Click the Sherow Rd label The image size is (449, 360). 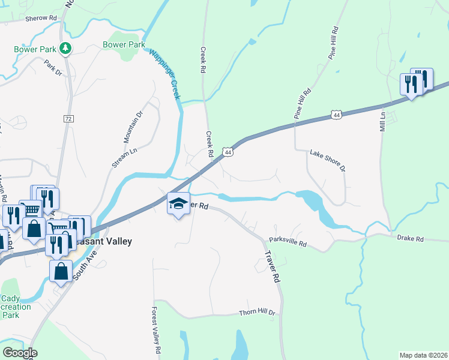(41, 19)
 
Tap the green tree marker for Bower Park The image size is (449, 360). (65, 48)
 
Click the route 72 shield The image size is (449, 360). (68, 119)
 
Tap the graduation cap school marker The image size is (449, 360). (178, 204)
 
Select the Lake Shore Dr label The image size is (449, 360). (328, 161)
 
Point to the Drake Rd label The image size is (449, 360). (411, 239)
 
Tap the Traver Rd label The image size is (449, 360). (272, 266)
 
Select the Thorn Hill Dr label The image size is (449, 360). (257, 313)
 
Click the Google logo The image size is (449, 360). (19, 353)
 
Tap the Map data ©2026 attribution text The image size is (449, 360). (423, 355)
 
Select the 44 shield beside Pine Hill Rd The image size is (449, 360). (337, 114)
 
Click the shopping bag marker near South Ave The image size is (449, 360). (61, 271)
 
